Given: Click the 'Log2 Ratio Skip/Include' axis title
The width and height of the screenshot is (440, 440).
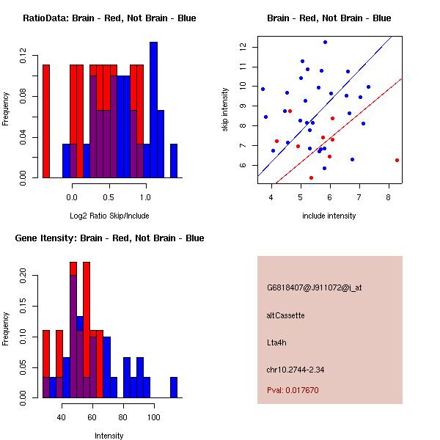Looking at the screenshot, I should click(109, 216).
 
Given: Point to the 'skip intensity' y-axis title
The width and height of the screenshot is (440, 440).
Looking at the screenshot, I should click(227, 110).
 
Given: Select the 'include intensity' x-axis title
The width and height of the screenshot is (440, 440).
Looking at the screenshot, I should click(329, 216).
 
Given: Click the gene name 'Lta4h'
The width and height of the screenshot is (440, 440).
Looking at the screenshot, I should click(277, 342).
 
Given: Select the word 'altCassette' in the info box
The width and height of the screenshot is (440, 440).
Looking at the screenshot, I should click(286, 315).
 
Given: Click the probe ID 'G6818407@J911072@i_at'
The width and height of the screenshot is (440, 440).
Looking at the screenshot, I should click(315, 287).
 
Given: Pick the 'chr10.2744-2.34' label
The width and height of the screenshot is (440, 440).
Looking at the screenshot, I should click(296, 369).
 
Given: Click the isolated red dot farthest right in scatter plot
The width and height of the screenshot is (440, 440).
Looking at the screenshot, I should click(397, 160).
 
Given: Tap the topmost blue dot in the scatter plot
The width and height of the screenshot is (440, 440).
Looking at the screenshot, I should click(325, 43).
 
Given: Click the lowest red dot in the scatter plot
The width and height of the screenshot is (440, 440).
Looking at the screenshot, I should click(311, 177).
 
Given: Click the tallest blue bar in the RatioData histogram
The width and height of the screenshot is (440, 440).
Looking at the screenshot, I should click(153, 109).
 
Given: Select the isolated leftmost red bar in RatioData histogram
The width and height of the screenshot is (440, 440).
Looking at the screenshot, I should click(46, 121).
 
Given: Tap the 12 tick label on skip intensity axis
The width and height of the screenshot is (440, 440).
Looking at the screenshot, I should click(241, 47).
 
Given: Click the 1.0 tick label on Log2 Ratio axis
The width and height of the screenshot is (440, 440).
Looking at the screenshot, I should click(145, 197).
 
